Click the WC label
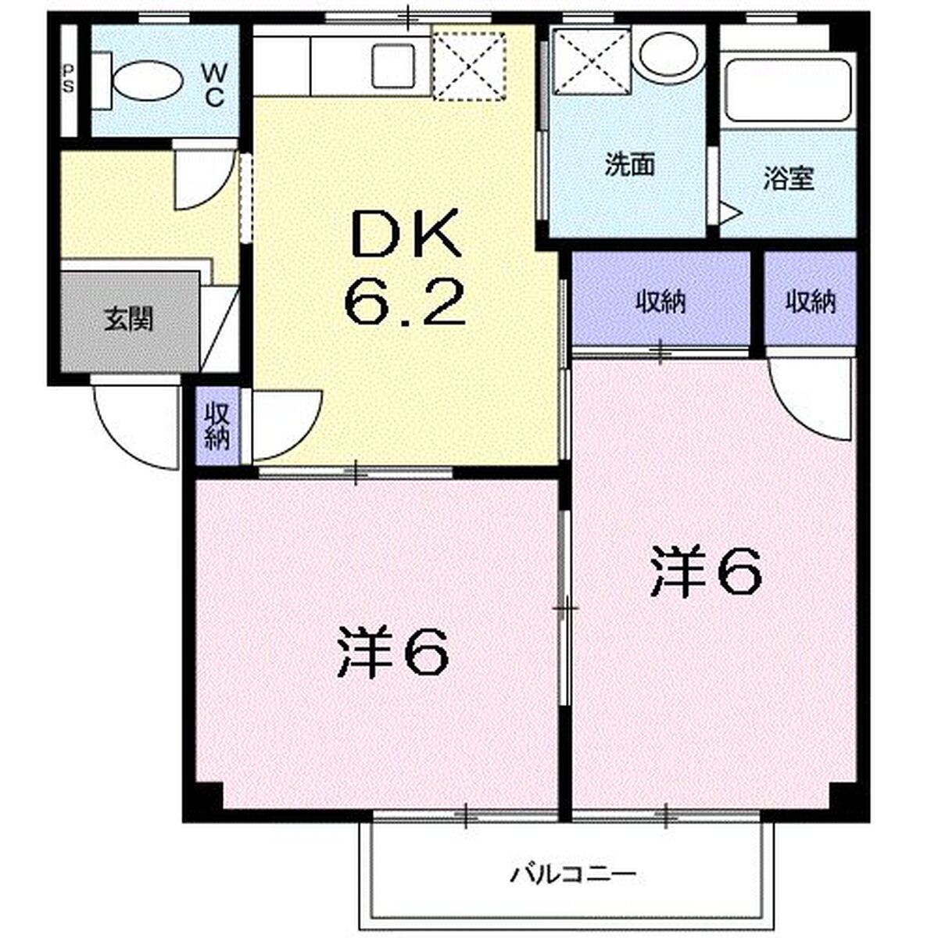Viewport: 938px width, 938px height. coord(213,86)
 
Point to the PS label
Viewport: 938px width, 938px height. coord(69,80)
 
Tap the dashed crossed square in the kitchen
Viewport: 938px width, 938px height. coord(470,64)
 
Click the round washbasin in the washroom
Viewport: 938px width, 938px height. coord(668,56)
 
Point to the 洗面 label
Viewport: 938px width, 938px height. coord(630,165)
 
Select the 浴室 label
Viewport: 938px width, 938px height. coord(789,178)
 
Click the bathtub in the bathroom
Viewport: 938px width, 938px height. coord(788,92)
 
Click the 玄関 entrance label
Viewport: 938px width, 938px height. coord(129,320)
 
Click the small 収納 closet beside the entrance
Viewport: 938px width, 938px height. coord(217,427)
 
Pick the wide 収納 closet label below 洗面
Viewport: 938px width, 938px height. coord(661,303)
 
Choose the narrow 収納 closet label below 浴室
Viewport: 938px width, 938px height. coord(811,302)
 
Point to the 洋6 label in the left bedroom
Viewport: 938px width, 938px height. coord(393,651)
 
